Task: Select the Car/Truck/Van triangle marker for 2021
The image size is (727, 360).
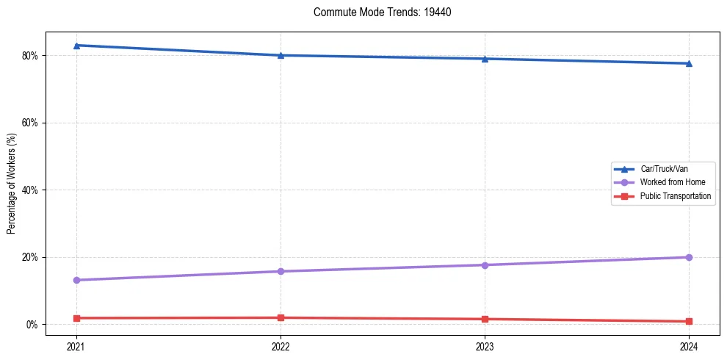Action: click(76, 46)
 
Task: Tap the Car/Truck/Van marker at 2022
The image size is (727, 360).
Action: click(281, 55)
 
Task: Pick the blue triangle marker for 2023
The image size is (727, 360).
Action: click(485, 59)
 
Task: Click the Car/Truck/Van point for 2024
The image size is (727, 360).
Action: click(689, 63)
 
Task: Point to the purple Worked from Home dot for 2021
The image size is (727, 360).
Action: click(76, 280)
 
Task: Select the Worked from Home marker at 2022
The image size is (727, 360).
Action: click(281, 271)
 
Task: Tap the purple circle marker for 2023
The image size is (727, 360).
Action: click(485, 264)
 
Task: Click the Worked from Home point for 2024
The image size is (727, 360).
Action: click(689, 257)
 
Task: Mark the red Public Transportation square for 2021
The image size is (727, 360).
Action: click(76, 318)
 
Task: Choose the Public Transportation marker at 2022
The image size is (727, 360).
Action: click(281, 317)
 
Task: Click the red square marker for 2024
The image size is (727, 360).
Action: click(689, 321)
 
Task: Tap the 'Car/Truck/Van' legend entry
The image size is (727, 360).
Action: click(664, 169)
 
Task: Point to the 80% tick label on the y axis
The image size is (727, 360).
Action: click(30, 55)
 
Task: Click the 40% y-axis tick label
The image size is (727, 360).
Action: click(30, 190)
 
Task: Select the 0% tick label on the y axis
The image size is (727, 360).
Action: click(32, 324)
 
